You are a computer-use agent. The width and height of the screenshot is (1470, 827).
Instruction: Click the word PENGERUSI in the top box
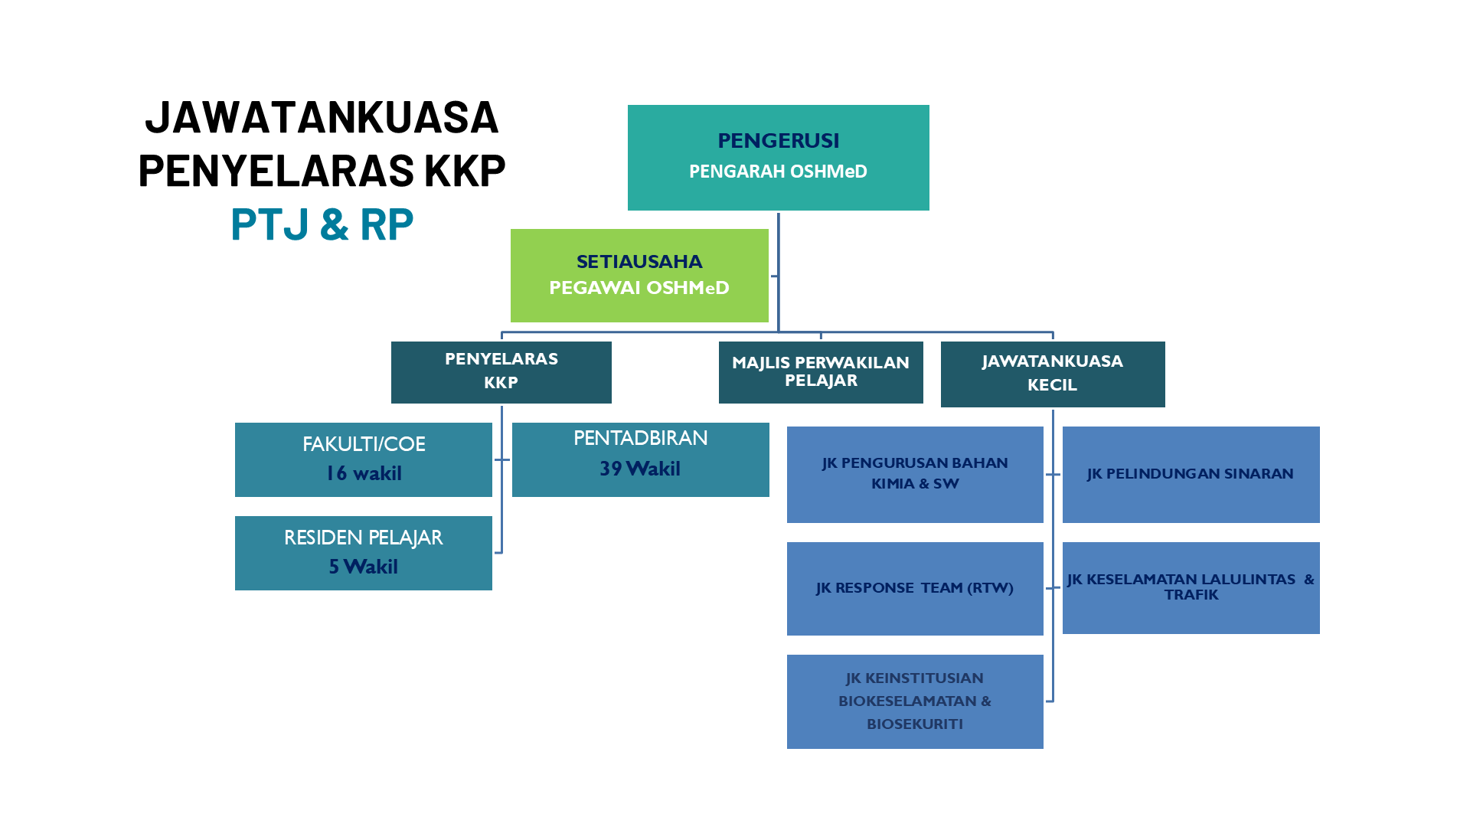(778, 141)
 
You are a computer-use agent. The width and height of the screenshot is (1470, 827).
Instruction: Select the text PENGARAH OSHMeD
(778, 172)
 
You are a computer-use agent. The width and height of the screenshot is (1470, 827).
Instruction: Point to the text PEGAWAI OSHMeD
(639, 288)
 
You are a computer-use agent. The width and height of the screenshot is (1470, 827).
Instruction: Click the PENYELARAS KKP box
(501, 371)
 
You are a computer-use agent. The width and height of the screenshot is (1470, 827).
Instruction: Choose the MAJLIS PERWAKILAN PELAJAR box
(821, 372)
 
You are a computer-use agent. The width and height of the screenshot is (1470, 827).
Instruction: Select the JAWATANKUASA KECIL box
(1052, 374)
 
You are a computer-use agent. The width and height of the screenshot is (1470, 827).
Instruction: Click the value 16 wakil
(364, 474)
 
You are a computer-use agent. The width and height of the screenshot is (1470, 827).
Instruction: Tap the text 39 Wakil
(640, 469)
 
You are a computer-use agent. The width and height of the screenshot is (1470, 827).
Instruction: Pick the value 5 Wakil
(364, 567)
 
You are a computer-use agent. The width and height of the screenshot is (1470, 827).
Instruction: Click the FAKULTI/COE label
(364, 444)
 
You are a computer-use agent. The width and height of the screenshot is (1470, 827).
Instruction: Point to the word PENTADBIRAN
(640, 438)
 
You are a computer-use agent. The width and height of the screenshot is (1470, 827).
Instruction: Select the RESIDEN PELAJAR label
(364, 538)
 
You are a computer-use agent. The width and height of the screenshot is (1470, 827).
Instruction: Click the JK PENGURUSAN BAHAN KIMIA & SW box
(915, 474)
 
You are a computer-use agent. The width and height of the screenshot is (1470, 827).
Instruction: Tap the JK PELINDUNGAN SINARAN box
(1191, 474)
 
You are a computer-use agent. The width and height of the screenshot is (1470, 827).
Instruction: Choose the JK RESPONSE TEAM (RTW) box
(915, 588)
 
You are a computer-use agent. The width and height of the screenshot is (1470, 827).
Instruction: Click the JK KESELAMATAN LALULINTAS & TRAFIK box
(1191, 587)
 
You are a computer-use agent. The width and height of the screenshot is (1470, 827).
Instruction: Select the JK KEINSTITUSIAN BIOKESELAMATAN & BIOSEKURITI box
(915, 701)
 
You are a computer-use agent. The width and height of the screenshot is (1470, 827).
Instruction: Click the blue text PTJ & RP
(322, 225)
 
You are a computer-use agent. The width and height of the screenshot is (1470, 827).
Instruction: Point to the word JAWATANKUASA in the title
(322, 118)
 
